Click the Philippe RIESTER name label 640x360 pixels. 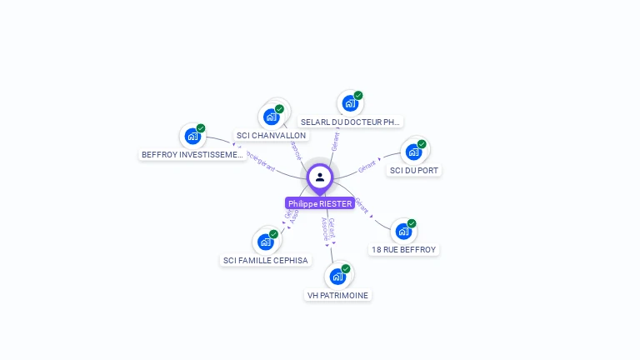point(320,203)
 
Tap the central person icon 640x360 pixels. point(320,177)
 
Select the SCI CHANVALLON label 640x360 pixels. point(271,135)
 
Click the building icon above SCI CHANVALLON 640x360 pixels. point(271,117)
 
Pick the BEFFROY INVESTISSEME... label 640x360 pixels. point(192,154)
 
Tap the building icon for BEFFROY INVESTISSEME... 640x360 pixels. point(192,136)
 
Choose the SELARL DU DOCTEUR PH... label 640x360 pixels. point(351,122)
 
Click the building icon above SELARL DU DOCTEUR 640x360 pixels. point(350,103)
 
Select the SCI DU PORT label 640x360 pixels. point(414,170)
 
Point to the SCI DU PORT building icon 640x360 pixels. point(413,152)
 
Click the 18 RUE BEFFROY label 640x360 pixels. point(403,249)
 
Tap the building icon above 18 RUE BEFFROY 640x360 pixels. point(403,231)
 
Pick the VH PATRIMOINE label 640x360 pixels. point(337,295)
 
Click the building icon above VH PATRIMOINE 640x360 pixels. point(337,276)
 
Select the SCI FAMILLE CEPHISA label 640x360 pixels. point(265,260)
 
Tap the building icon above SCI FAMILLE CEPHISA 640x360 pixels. point(265,242)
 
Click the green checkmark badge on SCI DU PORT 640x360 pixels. point(422,144)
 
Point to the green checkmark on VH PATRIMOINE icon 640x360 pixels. point(346,268)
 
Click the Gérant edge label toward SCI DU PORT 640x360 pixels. point(367,166)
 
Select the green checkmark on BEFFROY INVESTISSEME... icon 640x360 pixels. point(201,128)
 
